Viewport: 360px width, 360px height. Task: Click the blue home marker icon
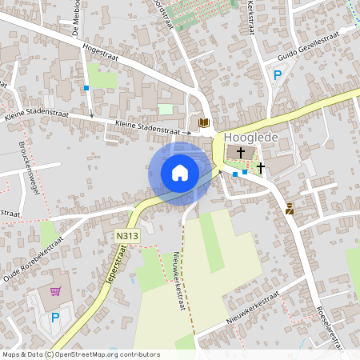click(x=180, y=172)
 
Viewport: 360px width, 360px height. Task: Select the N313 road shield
click(x=126, y=236)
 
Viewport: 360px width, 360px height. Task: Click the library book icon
click(x=203, y=122)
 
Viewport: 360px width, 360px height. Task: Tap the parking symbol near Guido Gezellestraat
click(x=278, y=75)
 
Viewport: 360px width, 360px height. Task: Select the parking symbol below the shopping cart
click(x=55, y=318)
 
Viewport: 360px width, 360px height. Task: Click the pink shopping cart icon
click(x=55, y=291)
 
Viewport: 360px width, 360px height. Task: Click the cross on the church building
click(x=241, y=151)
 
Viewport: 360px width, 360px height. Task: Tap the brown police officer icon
click(x=290, y=210)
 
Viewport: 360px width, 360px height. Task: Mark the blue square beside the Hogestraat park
click(x=86, y=88)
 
